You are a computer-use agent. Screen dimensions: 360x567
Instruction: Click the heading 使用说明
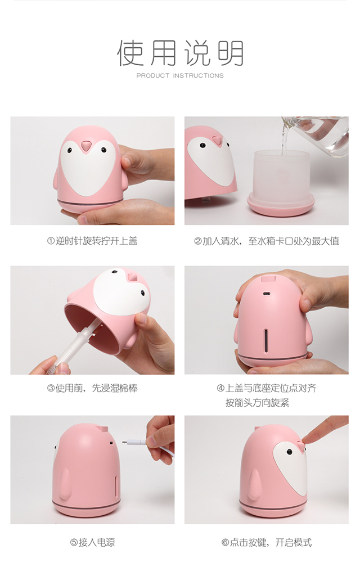[x=180, y=53]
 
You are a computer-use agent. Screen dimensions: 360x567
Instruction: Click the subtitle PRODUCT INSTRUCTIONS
[x=180, y=75]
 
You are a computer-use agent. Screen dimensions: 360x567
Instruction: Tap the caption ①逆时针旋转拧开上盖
[x=92, y=241]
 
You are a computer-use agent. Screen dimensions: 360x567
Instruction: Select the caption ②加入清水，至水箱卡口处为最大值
[x=267, y=241]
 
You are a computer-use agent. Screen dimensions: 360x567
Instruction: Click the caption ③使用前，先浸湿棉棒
[x=92, y=388]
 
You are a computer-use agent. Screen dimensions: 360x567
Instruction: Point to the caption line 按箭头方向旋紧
[x=258, y=403]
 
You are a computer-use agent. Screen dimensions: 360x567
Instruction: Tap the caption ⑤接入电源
[x=92, y=542]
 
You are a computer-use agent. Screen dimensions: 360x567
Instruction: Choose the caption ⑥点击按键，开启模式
[x=267, y=542]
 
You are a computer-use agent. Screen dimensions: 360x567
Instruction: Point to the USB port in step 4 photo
[x=267, y=294]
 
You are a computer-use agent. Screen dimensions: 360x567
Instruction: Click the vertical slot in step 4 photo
[x=266, y=340]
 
